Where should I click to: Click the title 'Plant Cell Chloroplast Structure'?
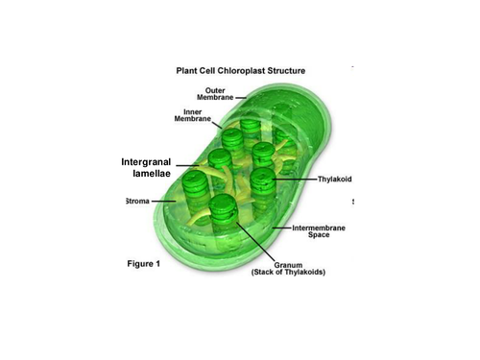[x=241, y=71]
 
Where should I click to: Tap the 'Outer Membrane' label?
[x=215, y=94]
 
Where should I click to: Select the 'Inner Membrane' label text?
[x=193, y=115]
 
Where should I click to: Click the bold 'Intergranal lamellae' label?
[x=146, y=167]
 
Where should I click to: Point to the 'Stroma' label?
[x=137, y=201]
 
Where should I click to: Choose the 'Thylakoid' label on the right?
[x=334, y=179]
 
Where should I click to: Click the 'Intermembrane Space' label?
[x=319, y=231]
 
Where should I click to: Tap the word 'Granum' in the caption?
[x=288, y=265]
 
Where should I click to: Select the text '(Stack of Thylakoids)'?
[x=288, y=272]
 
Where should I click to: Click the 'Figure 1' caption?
[x=144, y=264]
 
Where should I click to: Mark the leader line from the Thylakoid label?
[x=295, y=180]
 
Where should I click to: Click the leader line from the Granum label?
[x=255, y=242]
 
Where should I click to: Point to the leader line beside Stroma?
[x=163, y=202]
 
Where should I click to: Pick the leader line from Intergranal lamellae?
[x=187, y=165]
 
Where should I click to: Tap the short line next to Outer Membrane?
[x=241, y=98]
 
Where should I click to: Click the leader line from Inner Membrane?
[x=217, y=125]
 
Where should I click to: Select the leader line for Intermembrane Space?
[x=281, y=228]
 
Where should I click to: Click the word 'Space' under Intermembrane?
[x=319, y=235]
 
